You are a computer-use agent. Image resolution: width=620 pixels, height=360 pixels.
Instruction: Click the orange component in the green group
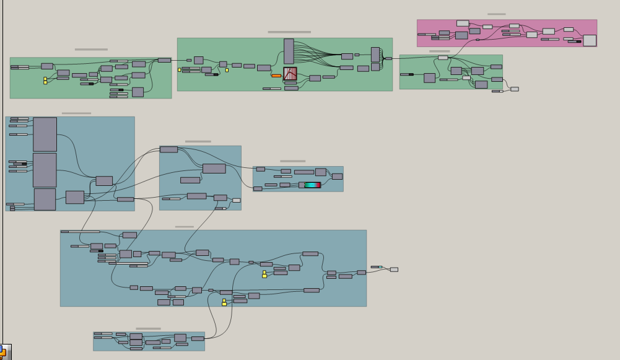point(276,76)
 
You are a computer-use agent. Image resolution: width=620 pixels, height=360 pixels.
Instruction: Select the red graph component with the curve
point(290,74)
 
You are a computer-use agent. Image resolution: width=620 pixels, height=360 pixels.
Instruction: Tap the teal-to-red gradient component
point(313,185)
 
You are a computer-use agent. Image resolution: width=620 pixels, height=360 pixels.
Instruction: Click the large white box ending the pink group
point(590,40)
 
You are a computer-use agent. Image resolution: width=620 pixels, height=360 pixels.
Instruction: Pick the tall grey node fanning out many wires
point(289,51)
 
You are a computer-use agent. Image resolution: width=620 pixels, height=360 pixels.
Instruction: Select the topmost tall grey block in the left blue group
point(45,134)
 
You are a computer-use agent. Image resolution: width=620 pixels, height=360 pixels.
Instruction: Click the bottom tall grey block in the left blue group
point(45,200)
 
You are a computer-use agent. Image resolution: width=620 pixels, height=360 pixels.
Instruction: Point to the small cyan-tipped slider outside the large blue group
point(377,267)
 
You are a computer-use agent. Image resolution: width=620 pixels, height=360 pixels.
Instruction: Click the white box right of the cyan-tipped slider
point(394,270)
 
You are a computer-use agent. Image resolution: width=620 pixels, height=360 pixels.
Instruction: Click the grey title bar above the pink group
point(496,14)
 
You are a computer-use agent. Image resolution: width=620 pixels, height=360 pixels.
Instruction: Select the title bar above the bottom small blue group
point(148,329)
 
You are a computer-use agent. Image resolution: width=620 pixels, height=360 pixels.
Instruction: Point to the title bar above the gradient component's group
point(292,161)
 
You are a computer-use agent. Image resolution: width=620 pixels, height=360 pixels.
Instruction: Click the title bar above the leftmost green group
point(91,50)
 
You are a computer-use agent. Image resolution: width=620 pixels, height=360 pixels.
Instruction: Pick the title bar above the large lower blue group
point(184,227)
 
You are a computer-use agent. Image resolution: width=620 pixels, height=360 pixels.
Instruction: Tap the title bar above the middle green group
point(289,32)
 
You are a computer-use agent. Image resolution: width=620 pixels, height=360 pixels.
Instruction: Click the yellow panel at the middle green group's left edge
point(180,70)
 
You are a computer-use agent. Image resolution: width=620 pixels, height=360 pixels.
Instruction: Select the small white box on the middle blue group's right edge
point(237,200)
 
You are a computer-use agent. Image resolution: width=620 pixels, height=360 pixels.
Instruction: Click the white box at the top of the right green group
point(443,58)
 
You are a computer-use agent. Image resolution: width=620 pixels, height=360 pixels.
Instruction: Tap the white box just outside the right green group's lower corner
point(515,89)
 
